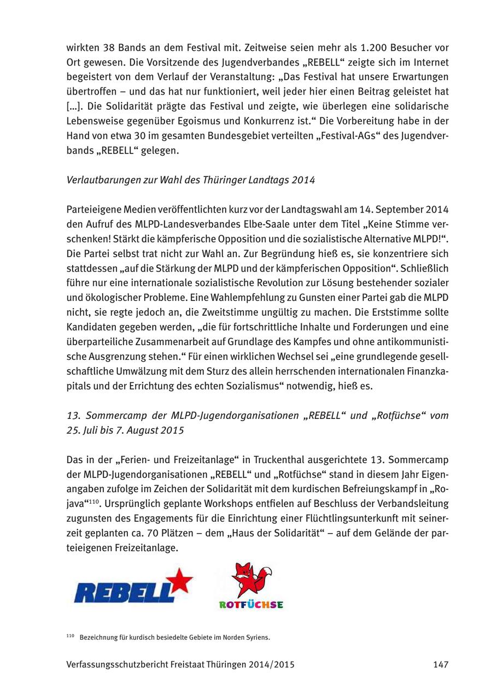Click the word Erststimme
(x=400, y=312)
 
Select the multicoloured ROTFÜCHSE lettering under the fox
(x=251, y=605)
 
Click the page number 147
(x=441, y=664)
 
